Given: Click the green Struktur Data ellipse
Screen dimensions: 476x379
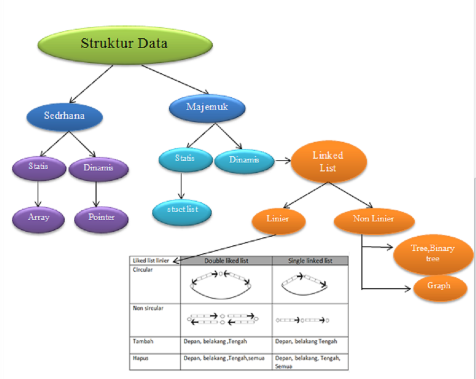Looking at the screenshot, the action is pos(125,45).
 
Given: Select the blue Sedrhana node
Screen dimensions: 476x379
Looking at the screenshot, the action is pos(64,117).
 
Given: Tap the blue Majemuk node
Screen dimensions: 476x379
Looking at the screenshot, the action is pos(207,108).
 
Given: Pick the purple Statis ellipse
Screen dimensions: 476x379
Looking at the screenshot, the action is pos(39,168).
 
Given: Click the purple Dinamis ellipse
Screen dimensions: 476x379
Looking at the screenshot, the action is pos(99,169).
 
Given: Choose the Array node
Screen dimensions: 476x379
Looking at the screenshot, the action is pos(38,219).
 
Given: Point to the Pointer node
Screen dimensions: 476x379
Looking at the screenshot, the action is pos(101,219).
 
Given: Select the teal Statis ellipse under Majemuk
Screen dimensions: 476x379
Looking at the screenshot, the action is pos(186,159).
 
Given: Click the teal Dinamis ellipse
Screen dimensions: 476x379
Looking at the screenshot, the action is pos(245,161).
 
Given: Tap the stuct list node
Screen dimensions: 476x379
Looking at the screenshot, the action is pos(182,212).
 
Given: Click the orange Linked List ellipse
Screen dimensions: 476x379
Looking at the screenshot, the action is pos(329,161).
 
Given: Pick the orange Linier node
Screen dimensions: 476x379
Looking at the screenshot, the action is pos(279,220).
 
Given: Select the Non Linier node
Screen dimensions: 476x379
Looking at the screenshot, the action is pos(374,220).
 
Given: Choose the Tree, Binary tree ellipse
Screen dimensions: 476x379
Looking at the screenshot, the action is pos(433,254).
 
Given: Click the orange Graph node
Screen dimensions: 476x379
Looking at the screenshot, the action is pos(440,288).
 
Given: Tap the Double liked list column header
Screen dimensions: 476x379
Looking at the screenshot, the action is pos(226,261).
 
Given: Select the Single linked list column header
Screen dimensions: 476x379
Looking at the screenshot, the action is pos(310,261).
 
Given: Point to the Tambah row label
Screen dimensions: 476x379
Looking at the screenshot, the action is pos(143,341).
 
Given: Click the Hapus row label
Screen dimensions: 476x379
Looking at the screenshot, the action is pos(141,358).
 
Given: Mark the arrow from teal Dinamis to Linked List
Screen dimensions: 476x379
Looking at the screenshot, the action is pos(283,161).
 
